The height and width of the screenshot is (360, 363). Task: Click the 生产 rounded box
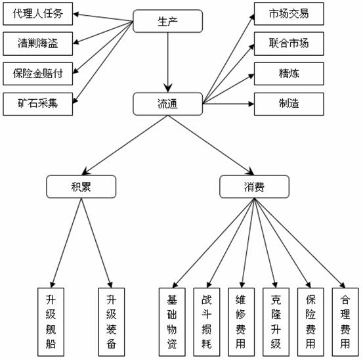click(168, 21)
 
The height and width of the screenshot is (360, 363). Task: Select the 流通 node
click(168, 104)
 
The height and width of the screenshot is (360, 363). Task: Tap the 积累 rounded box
click(81, 187)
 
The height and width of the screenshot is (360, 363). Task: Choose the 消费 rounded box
click(254, 187)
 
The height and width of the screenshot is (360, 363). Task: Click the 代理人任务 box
click(37, 14)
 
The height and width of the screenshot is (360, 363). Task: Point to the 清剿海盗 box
click(37, 43)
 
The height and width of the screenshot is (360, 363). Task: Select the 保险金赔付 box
click(37, 74)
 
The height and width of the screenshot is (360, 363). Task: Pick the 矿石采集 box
click(37, 104)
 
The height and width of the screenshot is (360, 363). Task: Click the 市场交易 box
click(289, 14)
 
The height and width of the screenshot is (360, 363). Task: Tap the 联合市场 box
click(289, 43)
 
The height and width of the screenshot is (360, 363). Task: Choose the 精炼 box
click(289, 74)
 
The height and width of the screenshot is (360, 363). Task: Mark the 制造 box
click(289, 104)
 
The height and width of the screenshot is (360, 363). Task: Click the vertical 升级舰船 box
click(51, 322)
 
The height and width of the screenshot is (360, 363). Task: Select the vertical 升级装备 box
click(112, 322)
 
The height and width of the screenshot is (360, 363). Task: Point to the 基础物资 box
click(172, 322)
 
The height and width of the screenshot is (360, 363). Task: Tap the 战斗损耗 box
click(207, 322)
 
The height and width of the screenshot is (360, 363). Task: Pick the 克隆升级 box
click(276, 322)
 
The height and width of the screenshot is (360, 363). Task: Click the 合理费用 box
click(345, 322)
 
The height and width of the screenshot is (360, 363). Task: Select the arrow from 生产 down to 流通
click(168, 62)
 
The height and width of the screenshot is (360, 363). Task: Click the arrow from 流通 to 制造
click(228, 104)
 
